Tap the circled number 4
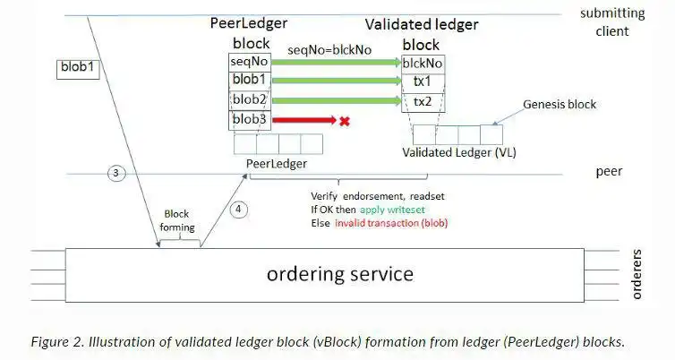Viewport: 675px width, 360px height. tap(237, 210)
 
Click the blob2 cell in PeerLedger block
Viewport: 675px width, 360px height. tap(250, 99)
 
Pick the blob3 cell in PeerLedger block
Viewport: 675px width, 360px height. tap(250, 119)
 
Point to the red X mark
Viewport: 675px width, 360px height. tap(344, 120)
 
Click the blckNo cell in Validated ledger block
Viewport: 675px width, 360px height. tap(422, 63)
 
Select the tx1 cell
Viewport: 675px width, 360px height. tap(422, 81)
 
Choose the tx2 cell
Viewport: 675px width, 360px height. tap(422, 101)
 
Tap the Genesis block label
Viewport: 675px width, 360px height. tap(560, 104)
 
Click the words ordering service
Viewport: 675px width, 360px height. tap(340, 273)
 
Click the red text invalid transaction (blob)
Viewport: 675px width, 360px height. tap(391, 222)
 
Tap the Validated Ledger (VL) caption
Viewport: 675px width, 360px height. tap(451, 152)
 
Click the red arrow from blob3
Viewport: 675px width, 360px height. tap(303, 119)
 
